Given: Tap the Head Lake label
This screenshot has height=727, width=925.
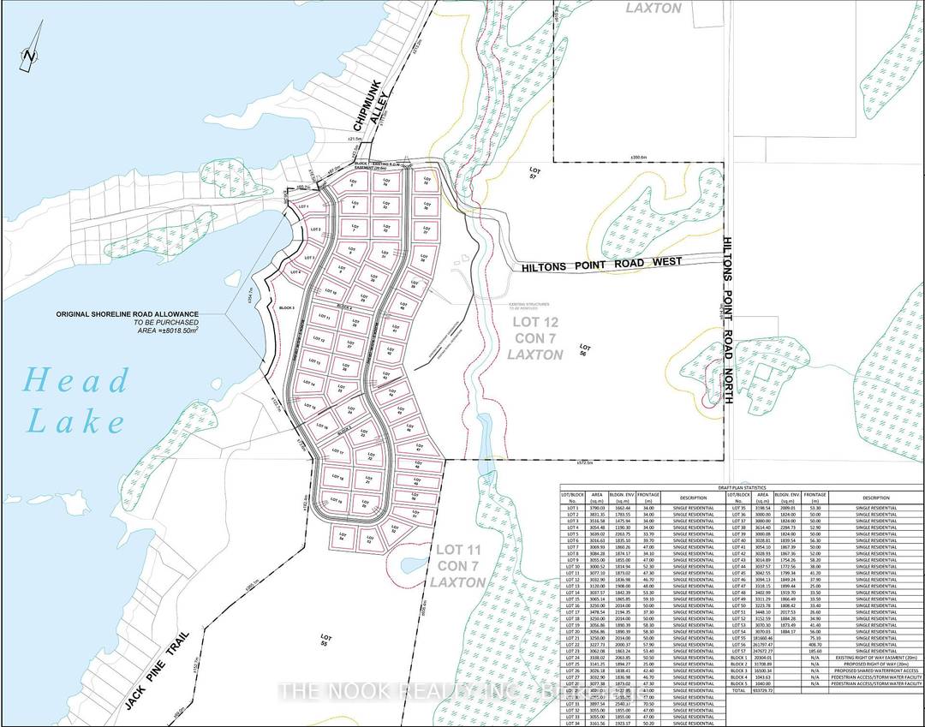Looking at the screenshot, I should click(x=77, y=400).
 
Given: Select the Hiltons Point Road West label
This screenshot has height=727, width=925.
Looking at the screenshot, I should click(x=617, y=265).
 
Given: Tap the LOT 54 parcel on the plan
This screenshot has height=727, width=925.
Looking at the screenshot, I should click(x=342, y=538).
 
